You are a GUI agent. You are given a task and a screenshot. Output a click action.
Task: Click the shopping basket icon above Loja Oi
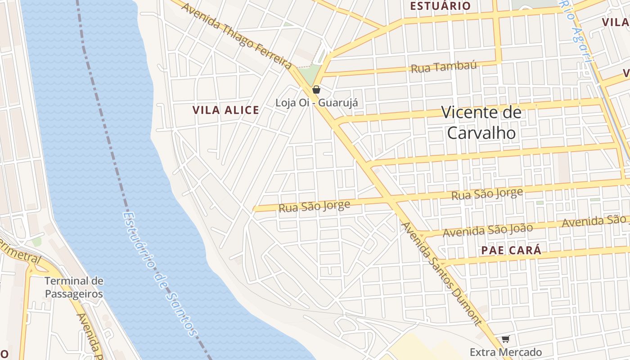point(316,89)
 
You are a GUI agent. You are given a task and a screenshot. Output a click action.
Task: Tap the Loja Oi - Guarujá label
point(316,103)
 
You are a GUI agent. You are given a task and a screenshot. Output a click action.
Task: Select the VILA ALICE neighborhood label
point(225,110)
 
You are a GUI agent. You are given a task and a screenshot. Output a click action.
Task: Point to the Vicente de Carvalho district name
point(481,122)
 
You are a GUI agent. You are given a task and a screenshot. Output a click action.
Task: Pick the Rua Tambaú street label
point(443,67)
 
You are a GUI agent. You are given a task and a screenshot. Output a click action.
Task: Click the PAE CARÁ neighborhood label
point(511,251)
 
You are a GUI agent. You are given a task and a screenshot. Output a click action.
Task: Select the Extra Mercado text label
point(505,352)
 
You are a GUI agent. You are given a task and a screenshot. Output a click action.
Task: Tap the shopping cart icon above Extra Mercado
point(505,339)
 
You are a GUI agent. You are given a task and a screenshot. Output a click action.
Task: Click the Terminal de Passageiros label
point(74,288)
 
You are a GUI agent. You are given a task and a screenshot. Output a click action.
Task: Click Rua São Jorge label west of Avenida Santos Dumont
point(314,207)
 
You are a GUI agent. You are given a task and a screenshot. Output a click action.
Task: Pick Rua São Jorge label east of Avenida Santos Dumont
point(487,194)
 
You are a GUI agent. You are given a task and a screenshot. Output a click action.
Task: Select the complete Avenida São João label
point(488,230)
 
